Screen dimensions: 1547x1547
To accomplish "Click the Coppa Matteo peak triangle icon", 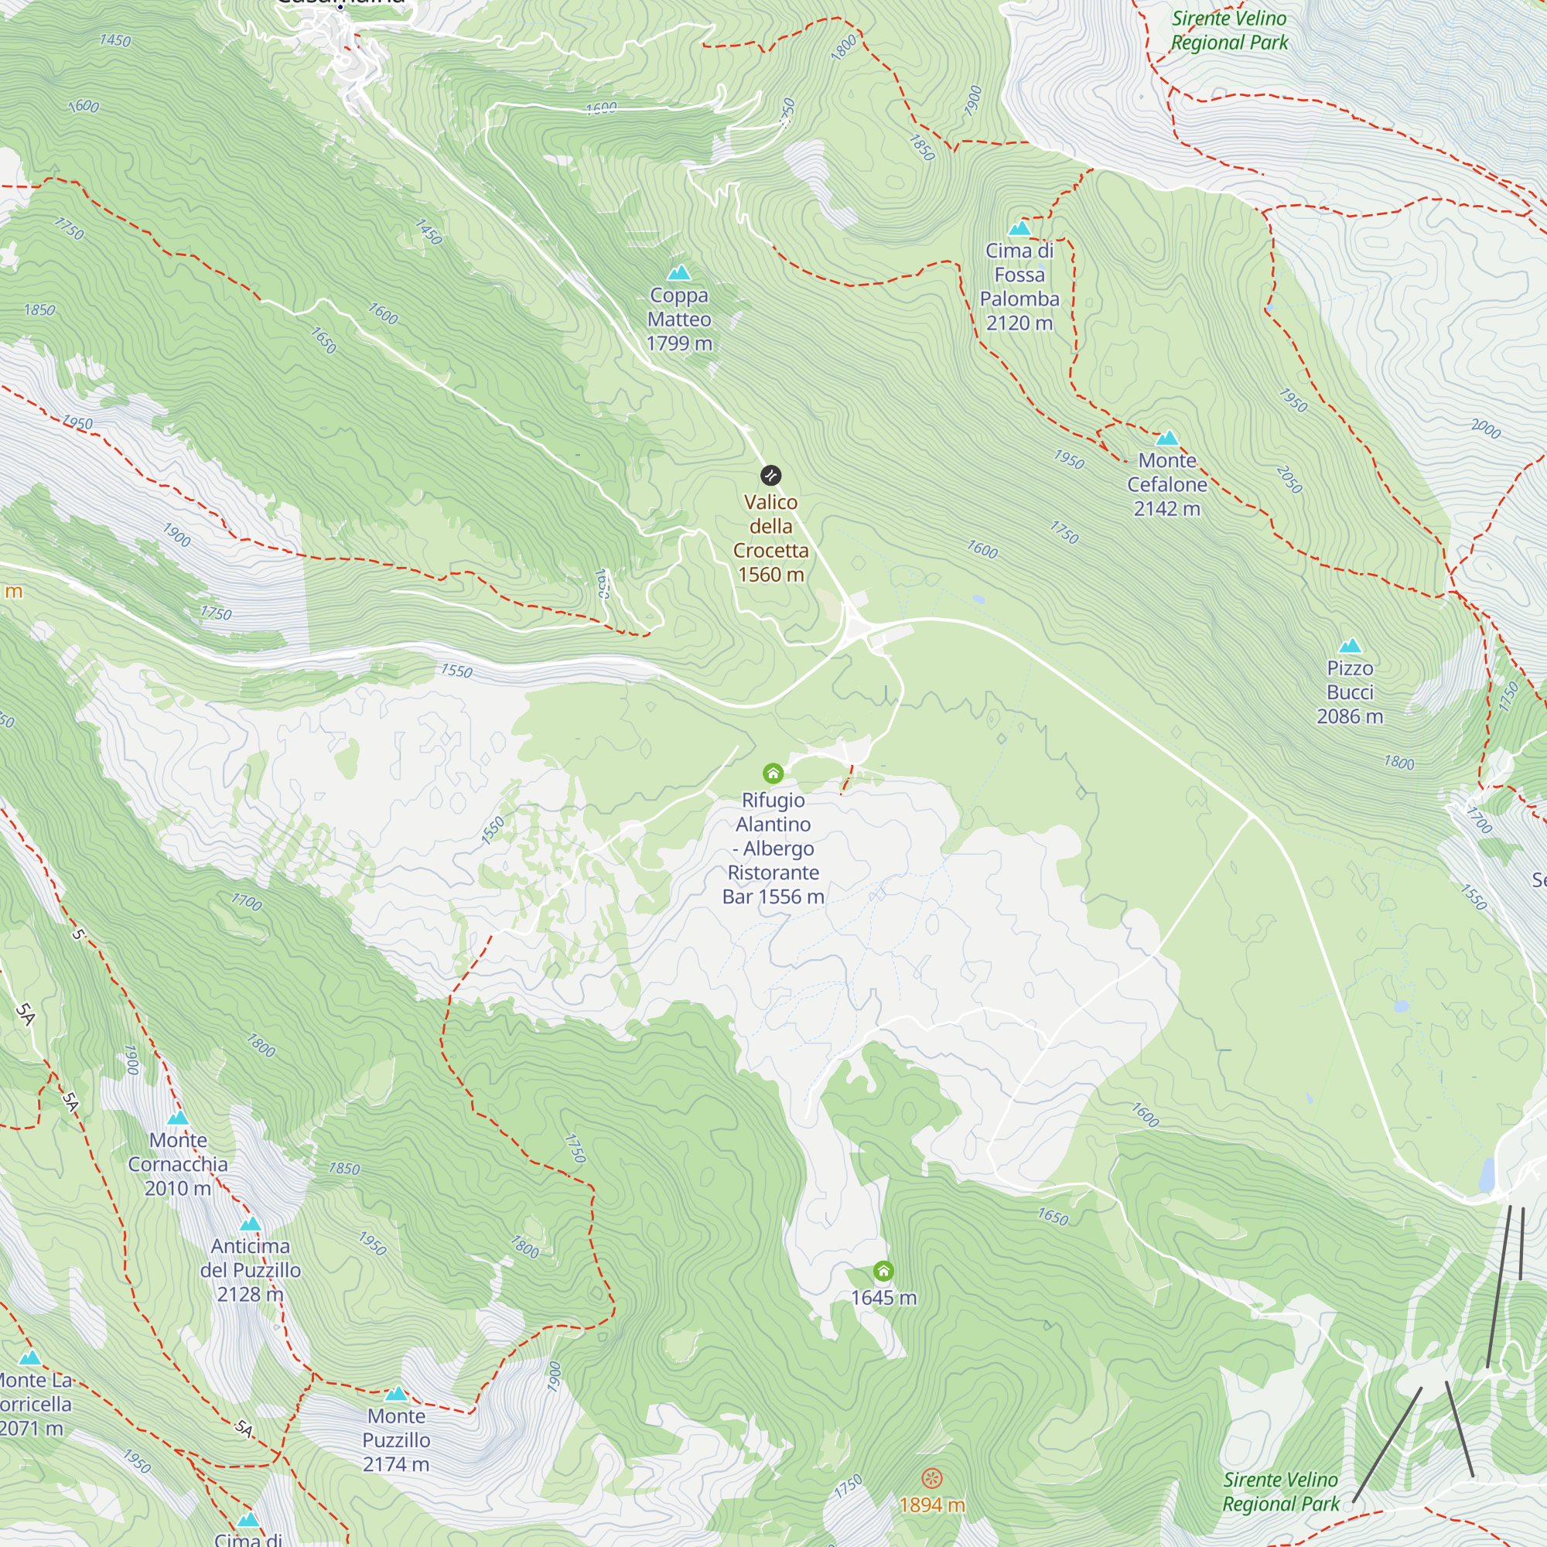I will pyautogui.click(x=679, y=273).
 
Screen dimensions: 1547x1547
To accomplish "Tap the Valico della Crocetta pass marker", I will pyautogui.click(x=770, y=476).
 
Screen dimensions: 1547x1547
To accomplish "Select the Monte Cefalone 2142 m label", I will pyautogui.click(x=1166, y=484).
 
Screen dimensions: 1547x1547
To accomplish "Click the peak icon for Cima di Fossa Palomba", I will pyautogui.click(x=1019, y=228).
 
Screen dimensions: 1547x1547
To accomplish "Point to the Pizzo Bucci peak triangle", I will pyautogui.click(x=1350, y=645).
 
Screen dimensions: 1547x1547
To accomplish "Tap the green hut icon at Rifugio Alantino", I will pyautogui.click(x=773, y=773).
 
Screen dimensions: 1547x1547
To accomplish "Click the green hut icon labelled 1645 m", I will pyautogui.click(x=883, y=1271).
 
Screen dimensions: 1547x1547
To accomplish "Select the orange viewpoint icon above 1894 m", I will pyautogui.click(x=931, y=1478).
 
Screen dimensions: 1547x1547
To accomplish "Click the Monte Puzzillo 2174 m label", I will pyautogui.click(x=396, y=1439).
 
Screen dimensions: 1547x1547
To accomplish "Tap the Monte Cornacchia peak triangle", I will pyautogui.click(x=178, y=1117).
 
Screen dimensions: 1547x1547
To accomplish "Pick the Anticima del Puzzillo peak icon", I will pyautogui.click(x=251, y=1224).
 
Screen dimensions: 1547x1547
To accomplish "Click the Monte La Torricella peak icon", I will pyautogui.click(x=30, y=1357).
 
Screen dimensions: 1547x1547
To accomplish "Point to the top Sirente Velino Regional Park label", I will pyautogui.click(x=1229, y=30).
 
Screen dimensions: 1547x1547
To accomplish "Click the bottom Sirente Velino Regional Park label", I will pyautogui.click(x=1280, y=1492).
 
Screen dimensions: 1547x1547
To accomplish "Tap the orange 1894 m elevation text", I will pyautogui.click(x=931, y=1505).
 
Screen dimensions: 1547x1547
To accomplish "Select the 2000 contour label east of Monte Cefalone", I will pyautogui.click(x=1486, y=429).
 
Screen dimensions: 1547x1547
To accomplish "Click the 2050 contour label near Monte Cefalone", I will pyautogui.click(x=1289, y=479).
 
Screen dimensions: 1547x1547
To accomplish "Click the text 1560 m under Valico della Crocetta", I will pyautogui.click(x=770, y=575).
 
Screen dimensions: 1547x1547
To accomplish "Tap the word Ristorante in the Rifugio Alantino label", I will pyautogui.click(x=773, y=872).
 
